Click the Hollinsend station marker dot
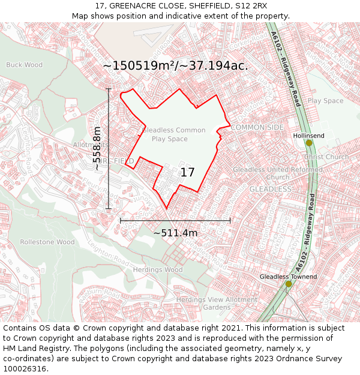click(x=309, y=143)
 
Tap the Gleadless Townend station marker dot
click(x=289, y=284)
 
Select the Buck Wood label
click(x=24, y=65)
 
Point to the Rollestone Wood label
click(x=47, y=242)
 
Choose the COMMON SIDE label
click(x=257, y=128)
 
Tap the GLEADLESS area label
click(x=270, y=189)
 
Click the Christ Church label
click(x=326, y=157)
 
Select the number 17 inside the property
click(x=188, y=173)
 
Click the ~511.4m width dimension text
click(x=175, y=233)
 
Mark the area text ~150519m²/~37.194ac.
click(x=175, y=65)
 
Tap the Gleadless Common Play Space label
click(x=174, y=134)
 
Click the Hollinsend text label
click(x=308, y=136)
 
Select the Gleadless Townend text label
click(x=288, y=277)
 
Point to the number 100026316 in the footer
click(x=25, y=369)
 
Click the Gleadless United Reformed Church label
click(x=277, y=173)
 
